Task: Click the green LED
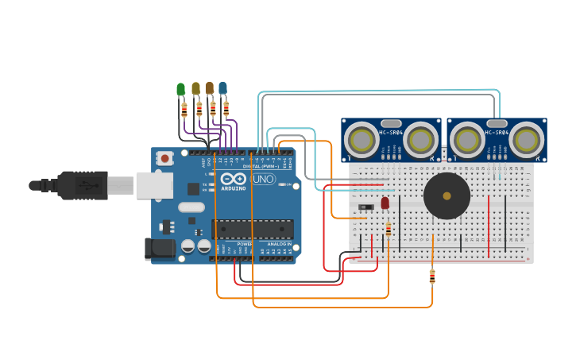(x=180, y=89)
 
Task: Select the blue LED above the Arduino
(x=223, y=87)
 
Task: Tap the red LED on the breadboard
(x=385, y=203)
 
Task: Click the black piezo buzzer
(x=446, y=196)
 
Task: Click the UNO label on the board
(x=263, y=180)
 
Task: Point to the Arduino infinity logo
(x=234, y=180)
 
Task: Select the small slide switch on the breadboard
(x=366, y=207)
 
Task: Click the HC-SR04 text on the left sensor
(x=391, y=133)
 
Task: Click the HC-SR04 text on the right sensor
(x=497, y=133)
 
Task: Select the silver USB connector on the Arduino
(x=153, y=185)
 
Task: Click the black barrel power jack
(x=160, y=249)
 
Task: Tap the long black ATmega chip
(x=252, y=229)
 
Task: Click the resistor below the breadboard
(x=432, y=277)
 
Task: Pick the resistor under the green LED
(x=184, y=110)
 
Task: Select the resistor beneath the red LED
(x=388, y=230)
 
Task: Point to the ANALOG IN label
(x=279, y=244)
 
